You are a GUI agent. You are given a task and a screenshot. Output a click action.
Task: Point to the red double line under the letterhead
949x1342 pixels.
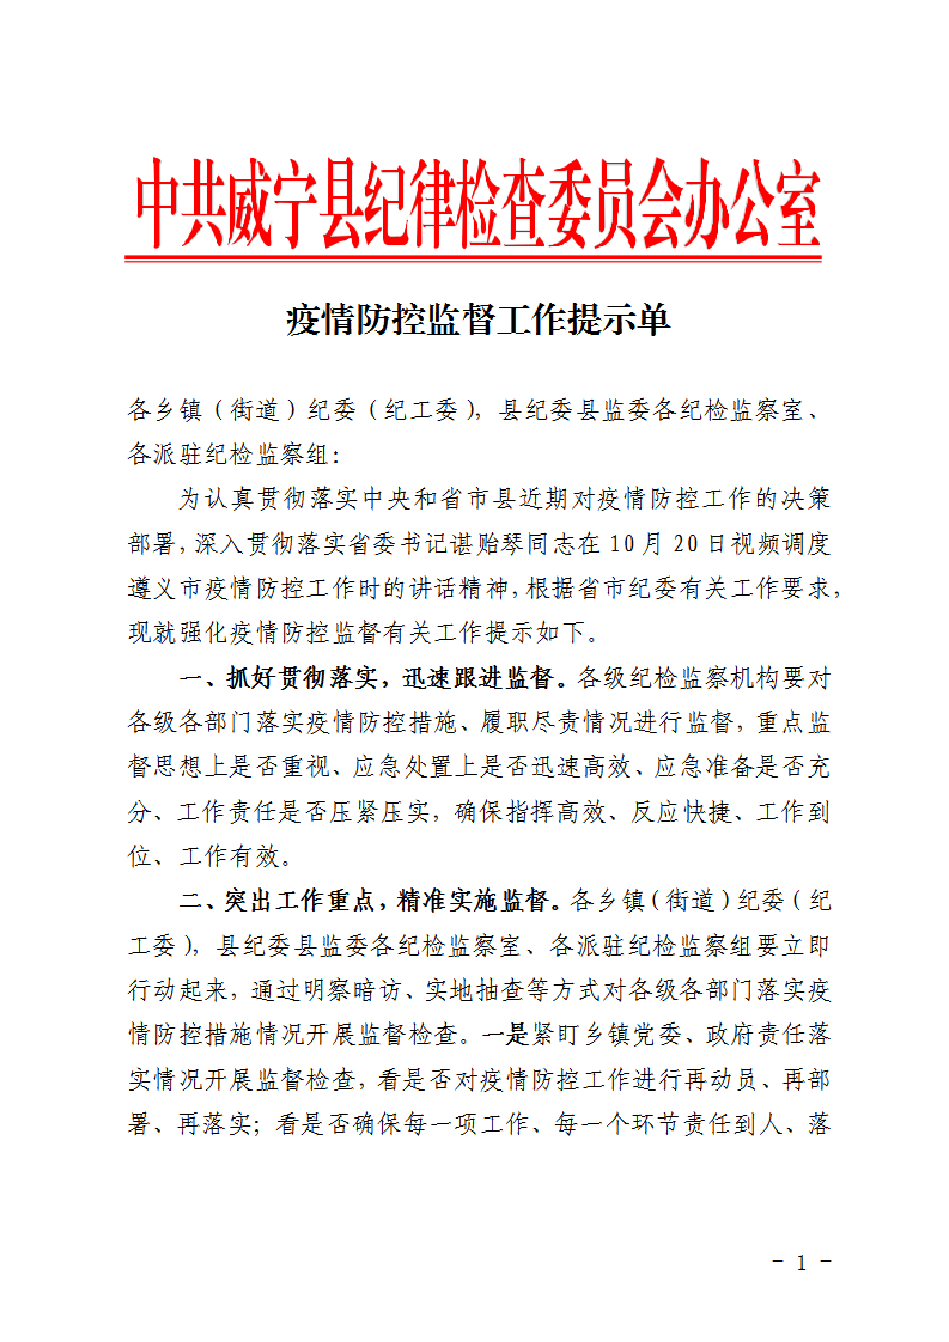(x=473, y=258)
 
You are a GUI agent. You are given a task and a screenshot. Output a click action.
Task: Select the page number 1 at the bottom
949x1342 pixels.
(x=802, y=1263)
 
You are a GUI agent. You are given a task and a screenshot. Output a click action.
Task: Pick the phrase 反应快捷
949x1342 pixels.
(x=681, y=812)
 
